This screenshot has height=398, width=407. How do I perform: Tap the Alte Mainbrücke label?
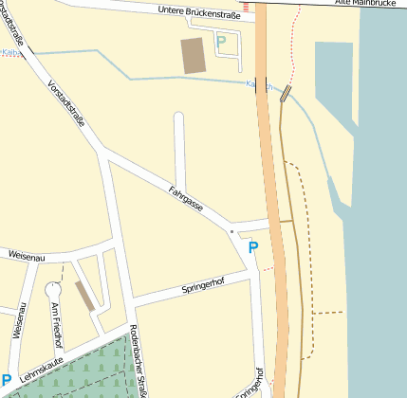[x=370, y=4]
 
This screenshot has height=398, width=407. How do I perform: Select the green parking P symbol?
[x=221, y=42]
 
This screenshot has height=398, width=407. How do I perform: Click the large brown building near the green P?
[x=194, y=56]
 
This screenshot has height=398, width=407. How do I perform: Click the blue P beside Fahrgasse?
[x=252, y=247]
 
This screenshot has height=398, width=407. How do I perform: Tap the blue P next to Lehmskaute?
[x=6, y=381]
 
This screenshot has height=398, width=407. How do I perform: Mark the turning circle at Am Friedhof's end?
[x=52, y=289]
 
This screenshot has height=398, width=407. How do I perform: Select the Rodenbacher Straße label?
[x=139, y=360]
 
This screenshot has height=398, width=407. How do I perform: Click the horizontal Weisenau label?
[x=27, y=255]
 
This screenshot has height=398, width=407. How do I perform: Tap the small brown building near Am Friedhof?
[x=84, y=296]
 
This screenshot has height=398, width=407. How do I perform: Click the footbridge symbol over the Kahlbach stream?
[x=286, y=93]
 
